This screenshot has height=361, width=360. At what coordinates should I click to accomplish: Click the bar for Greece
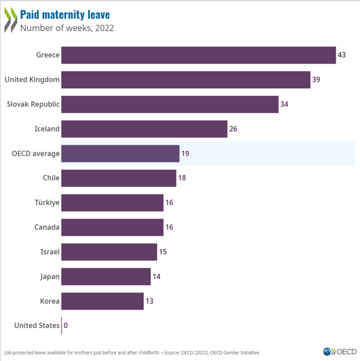(198, 55)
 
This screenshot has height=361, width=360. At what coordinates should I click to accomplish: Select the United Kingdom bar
(186, 80)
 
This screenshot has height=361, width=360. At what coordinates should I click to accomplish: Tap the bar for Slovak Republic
(170, 104)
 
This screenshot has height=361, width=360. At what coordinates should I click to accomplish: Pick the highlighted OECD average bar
(120, 153)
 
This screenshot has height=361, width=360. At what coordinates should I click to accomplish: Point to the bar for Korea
(102, 301)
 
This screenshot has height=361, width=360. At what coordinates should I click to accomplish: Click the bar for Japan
(106, 276)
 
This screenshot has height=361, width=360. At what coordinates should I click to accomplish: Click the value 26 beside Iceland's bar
(233, 129)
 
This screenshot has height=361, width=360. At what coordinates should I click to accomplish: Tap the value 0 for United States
(66, 325)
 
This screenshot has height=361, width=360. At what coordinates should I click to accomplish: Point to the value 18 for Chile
(182, 178)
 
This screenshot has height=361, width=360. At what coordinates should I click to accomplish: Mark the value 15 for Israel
(163, 252)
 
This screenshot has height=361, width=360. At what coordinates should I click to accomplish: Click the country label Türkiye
(47, 203)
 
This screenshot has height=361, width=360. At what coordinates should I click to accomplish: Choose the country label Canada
(47, 227)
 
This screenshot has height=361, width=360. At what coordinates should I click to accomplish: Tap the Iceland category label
(47, 129)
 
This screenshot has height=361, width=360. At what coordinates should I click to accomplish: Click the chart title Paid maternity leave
(65, 13)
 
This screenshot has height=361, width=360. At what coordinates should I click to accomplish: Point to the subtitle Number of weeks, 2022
(67, 27)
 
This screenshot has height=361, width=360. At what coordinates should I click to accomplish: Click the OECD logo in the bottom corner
(339, 351)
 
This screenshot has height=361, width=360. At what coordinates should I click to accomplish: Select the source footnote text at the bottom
(132, 352)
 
